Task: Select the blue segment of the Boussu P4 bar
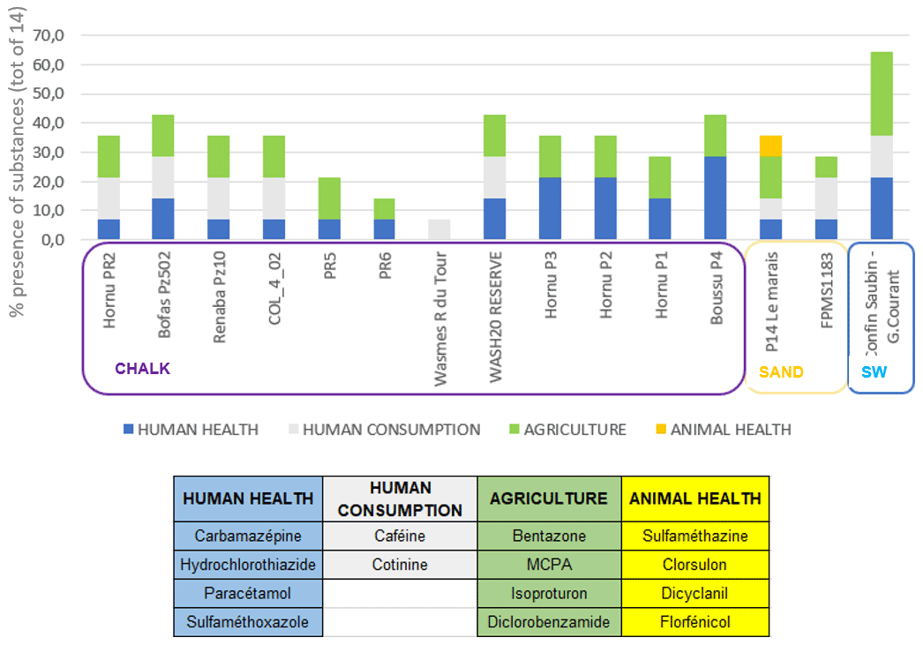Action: (x=717, y=198)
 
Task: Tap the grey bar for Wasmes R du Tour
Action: (x=440, y=229)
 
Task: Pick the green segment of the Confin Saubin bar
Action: (x=882, y=94)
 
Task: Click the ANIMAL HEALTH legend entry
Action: (x=721, y=430)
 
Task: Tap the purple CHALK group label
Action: (x=142, y=369)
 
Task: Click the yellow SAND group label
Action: (x=781, y=372)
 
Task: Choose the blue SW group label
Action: (x=874, y=372)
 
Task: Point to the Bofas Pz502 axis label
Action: (x=164, y=291)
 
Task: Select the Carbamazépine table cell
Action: (x=248, y=536)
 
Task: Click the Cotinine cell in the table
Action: (x=400, y=565)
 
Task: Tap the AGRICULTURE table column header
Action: (x=549, y=499)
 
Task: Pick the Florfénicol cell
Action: (x=695, y=622)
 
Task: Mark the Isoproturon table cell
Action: (x=549, y=594)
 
